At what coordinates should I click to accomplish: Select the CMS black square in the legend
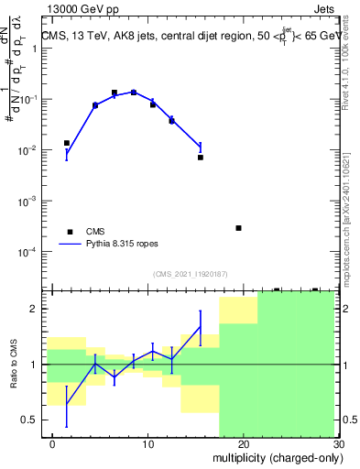pos(69,232)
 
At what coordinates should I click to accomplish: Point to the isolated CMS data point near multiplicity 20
pos(238,228)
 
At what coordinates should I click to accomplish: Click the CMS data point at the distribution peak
pos(134,93)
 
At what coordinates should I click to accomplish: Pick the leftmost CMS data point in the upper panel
pos(67,143)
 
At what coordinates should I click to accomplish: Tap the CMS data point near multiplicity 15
pos(200,157)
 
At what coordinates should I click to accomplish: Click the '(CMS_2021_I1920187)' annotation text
pos(189,275)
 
